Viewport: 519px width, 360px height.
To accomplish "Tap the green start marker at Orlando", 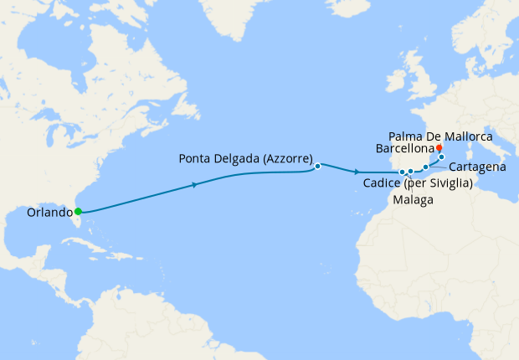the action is (78, 211).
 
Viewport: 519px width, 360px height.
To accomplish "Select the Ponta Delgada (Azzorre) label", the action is (246, 158).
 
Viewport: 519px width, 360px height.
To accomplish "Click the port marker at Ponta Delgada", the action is (318, 166).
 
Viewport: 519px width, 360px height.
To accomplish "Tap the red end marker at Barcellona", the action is (439, 147).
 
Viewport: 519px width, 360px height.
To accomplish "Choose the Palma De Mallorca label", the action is (441, 136).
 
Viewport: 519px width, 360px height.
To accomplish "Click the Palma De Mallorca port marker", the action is (442, 157).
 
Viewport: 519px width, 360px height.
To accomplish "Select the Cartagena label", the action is (477, 167).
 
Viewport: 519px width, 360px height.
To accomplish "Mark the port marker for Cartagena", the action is (425, 167).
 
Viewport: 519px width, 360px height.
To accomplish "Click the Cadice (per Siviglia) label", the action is (418, 183).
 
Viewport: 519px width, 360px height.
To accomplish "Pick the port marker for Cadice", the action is (402, 172).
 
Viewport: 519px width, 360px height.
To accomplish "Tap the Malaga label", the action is (413, 201).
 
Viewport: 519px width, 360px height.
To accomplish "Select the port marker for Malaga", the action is (411, 172).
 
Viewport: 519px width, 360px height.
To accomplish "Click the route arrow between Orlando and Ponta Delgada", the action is (195, 184).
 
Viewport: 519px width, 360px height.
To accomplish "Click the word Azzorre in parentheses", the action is (285, 158).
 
